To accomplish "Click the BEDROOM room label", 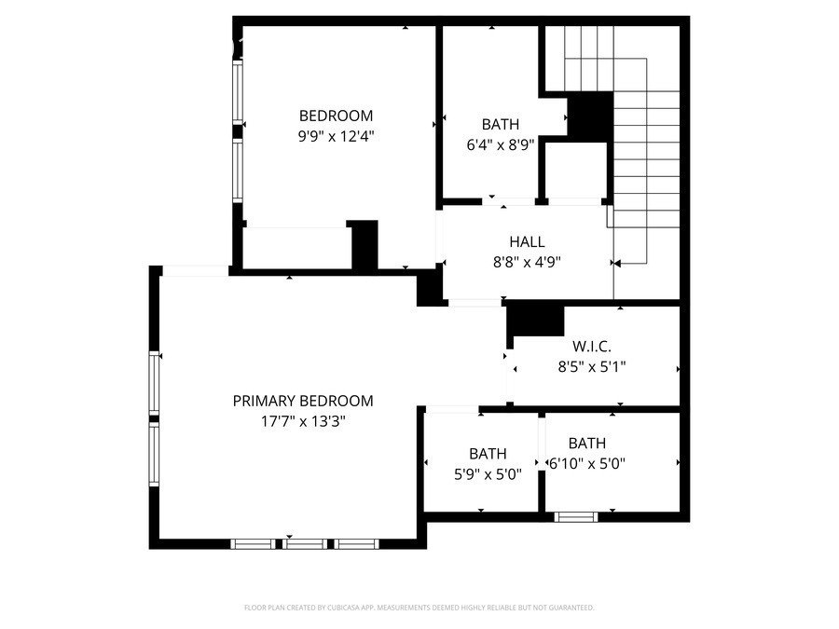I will tap(336, 116).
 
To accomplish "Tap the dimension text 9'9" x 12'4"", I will tap(336, 135).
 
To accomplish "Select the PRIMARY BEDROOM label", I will tap(303, 401).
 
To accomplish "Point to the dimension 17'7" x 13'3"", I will tap(303, 420).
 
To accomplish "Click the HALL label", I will tap(527, 242).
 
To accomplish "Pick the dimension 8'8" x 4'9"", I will tap(527, 262).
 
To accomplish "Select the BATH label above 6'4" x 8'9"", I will tap(501, 124).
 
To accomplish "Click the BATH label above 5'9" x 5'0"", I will tap(488, 454).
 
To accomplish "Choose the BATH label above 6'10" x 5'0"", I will tap(587, 444).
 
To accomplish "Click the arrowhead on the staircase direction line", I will tap(618, 263).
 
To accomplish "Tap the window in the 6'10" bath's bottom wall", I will tap(575, 516).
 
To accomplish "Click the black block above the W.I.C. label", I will tap(536, 321).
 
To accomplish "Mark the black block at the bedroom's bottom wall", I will tap(364, 245).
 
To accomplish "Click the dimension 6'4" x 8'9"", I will tap(501, 145).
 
